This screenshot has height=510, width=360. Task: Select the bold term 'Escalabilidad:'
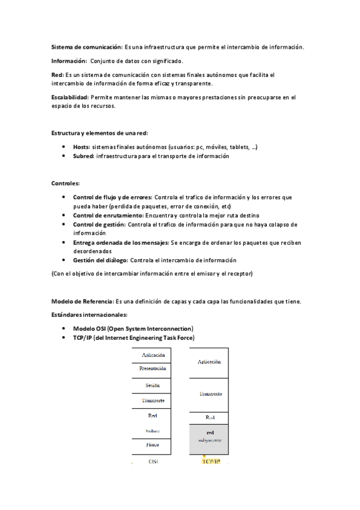[70, 97]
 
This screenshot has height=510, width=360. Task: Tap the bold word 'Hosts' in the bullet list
[81, 146]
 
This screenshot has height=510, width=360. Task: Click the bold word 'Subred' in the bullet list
[83, 156]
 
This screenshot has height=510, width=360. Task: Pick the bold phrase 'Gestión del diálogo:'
[101, 260]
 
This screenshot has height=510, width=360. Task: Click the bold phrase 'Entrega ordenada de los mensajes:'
[123, 242]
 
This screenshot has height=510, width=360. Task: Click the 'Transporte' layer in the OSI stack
[153, 400]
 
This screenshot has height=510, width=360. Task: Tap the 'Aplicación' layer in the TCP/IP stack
[209, 362]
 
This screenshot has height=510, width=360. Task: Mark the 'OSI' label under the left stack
[153, 461]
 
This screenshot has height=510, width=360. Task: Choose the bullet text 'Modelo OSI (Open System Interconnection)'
[133, 328]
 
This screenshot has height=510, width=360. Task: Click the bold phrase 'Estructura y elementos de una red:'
[100, 132]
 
